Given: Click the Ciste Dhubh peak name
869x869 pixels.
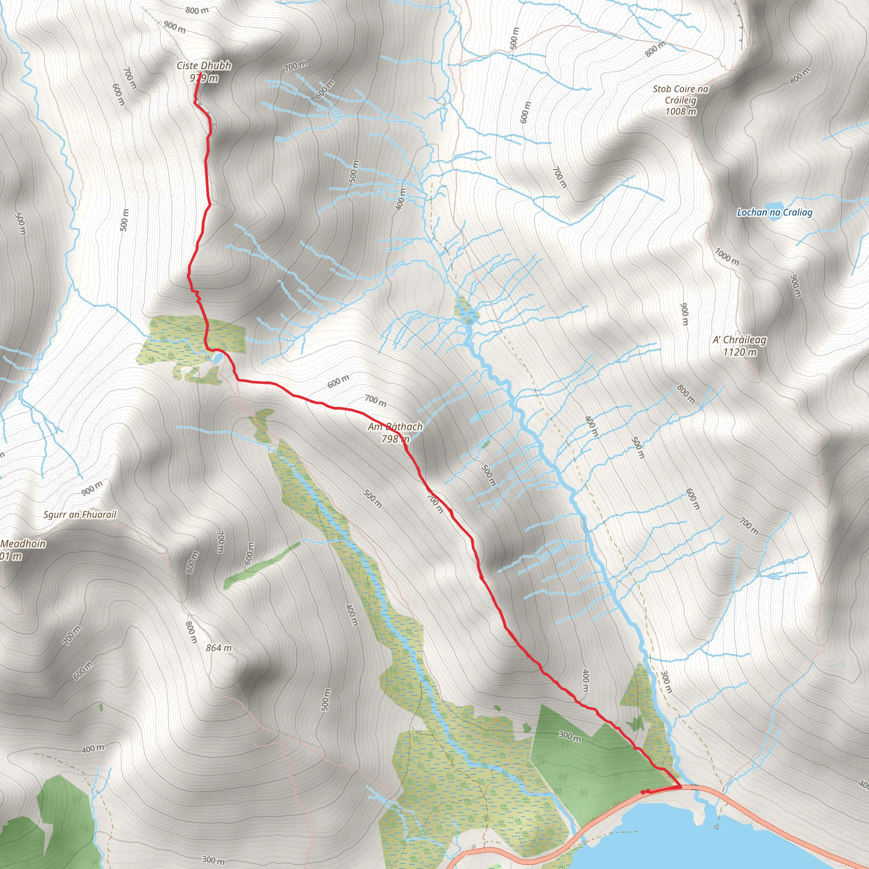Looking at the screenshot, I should click(204, 66).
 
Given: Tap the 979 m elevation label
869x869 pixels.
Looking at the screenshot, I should click(204, 78).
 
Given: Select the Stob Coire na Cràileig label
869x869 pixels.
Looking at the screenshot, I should click(680, 95).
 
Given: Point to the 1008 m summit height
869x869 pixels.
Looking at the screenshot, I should click(681, 112).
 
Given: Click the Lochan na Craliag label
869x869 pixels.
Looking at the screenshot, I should click(774, 213).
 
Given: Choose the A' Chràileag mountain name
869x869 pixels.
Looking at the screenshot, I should click(740, 340).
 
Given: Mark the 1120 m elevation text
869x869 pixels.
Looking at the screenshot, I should click(740, 352).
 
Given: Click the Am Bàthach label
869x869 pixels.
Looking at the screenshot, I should click(395, 426).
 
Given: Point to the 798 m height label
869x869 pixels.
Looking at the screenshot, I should click(395, 439).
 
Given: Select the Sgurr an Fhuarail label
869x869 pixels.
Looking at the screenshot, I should click(80, 515).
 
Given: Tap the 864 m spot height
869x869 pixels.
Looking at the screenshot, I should click(219, 648).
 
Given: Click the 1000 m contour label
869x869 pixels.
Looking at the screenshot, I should click(726, 257).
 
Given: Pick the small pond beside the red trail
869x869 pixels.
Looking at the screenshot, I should click(217, 358).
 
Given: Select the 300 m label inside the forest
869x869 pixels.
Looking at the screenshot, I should click(570, 736).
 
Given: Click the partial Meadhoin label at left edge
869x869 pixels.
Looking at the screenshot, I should click(22, 544).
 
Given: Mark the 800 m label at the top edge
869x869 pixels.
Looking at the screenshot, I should click(197, 10).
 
